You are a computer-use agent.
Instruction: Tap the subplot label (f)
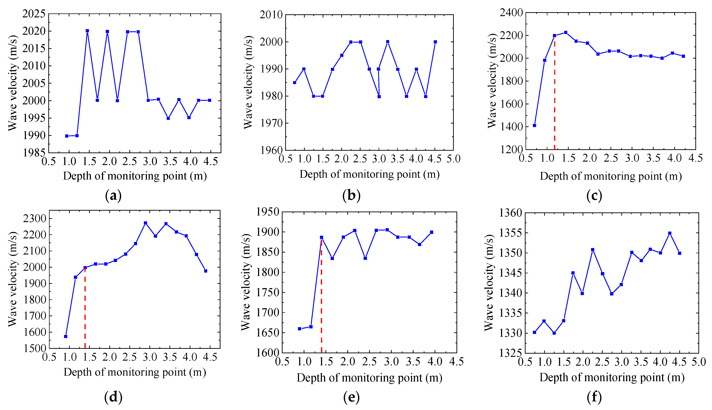click(594, 397)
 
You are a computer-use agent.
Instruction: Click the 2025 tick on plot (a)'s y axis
click(34, 14)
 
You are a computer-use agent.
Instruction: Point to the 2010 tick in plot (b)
click(271, 15)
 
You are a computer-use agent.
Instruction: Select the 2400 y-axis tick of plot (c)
click(511, 13)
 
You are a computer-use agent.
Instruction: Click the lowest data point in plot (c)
click(534, 125)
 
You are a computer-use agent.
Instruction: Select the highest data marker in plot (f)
click(670, 233)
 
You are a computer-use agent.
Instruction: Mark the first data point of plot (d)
click(66, 336)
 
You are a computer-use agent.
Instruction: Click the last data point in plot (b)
click(435, 42)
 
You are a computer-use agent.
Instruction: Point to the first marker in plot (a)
click(67, 136)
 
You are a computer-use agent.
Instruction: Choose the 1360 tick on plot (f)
click(510, 213)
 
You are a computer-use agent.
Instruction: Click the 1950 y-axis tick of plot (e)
click(268, 212)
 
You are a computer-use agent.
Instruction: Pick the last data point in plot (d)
click(206, 271)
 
